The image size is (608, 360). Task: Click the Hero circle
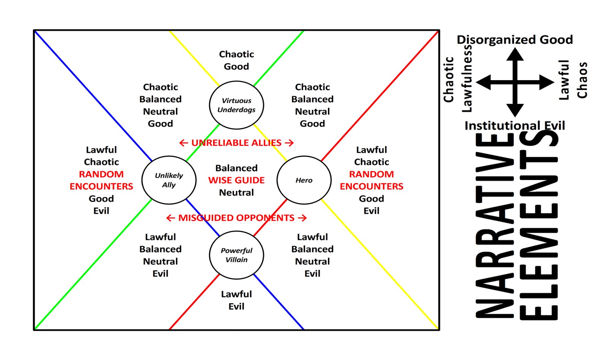click(304, 180)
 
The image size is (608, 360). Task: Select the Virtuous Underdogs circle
click(236, 105)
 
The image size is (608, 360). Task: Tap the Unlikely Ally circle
click(169, 180)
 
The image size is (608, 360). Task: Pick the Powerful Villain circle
click(236, 255)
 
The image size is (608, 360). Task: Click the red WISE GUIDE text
click(236, 180)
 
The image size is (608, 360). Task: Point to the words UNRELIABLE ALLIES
click(236, 143)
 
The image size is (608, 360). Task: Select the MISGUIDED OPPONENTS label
click(236, 218)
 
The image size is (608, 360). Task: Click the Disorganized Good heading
click(515, 39)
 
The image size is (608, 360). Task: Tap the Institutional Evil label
click(515, 125)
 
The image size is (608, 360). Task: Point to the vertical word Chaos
click(582, 80)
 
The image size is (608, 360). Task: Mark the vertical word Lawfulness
click(467, 79)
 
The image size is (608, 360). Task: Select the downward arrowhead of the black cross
click(515, 111)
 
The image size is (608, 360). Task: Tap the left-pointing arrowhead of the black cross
click(483, 82)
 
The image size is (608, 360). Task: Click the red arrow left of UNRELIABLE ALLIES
click(184, 143)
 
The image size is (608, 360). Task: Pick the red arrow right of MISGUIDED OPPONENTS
click(302, 218)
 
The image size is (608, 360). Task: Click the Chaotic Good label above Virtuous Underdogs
click(236, 60)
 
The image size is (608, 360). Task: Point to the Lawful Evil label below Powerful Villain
click(236, 300)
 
